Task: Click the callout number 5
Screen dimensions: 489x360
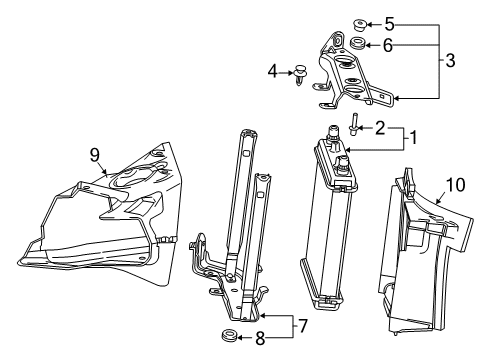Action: pos(389,24)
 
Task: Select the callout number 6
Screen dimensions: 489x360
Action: pos(388,45)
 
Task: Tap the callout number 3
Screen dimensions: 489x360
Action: pos(450,61)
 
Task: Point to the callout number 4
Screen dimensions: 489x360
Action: pos(272,71)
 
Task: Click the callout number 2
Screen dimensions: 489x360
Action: pos(380,128)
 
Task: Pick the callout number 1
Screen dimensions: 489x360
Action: pos(413,138)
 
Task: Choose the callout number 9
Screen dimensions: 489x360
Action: pos(95,155)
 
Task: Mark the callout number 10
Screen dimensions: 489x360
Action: pos(455,185)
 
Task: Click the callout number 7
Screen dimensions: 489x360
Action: pos(302,326)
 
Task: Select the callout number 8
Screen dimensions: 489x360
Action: pos(260,339)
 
